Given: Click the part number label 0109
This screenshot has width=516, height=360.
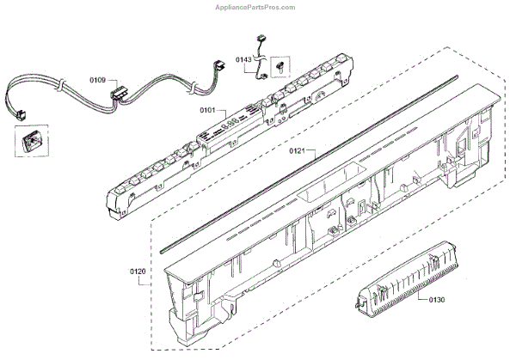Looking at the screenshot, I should tap(97, 80).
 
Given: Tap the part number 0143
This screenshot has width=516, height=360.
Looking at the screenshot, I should tap(243, 60).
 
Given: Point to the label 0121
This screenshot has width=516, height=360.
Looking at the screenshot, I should tap(297, 150).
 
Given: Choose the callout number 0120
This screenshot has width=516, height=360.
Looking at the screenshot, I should tap(138, 272).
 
